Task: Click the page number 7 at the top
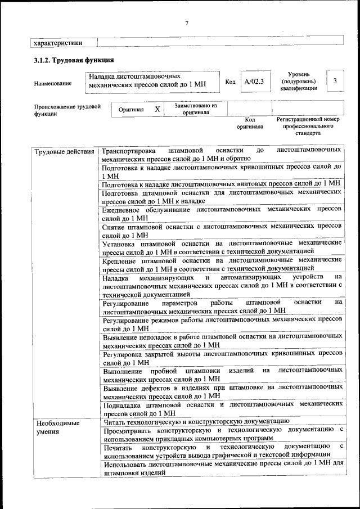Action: click(186, 22)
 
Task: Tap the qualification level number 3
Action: click(335, 81)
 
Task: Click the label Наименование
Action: click(53, 84)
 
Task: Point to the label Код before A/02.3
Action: click(230, 82)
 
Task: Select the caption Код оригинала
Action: click(250, 123)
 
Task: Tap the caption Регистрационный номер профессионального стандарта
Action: click(308, 127)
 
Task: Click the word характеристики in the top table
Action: click(58, 42)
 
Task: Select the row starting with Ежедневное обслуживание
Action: click(222, 213)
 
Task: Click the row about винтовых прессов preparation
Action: click(222, 183)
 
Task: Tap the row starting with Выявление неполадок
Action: click(222, 340)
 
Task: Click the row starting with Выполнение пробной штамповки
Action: click(222, 375)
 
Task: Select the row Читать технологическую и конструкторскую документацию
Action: click(196, 421)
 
